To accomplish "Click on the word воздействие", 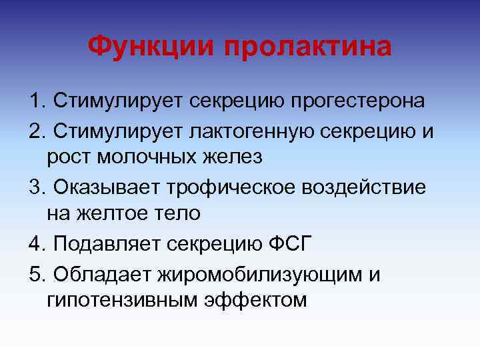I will [374, 186].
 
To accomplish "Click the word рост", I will [67, 158].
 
